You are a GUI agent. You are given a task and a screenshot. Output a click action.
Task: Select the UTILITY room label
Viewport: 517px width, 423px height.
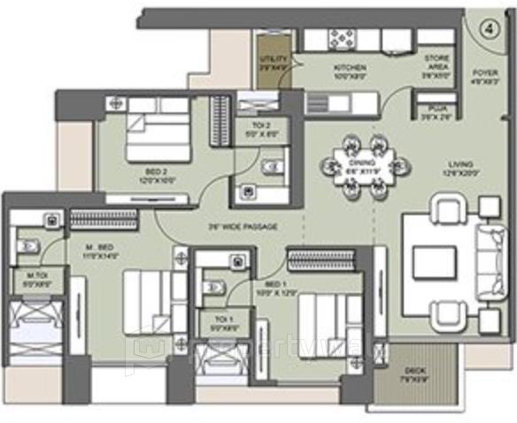click(274, 62)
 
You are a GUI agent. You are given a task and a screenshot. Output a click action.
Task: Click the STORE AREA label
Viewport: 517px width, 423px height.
click(437, 65)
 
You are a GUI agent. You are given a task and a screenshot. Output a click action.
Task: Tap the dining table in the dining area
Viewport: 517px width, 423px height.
click(359, 163)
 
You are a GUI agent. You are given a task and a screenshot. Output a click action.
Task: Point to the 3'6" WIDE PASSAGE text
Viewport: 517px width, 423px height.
click(245, 227)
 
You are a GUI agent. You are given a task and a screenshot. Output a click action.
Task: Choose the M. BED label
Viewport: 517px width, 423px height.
click(97, 247)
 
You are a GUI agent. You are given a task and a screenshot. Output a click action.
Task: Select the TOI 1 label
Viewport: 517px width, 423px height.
click(215, 322)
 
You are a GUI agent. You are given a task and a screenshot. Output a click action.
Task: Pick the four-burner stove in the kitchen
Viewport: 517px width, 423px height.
click(342, 39)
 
